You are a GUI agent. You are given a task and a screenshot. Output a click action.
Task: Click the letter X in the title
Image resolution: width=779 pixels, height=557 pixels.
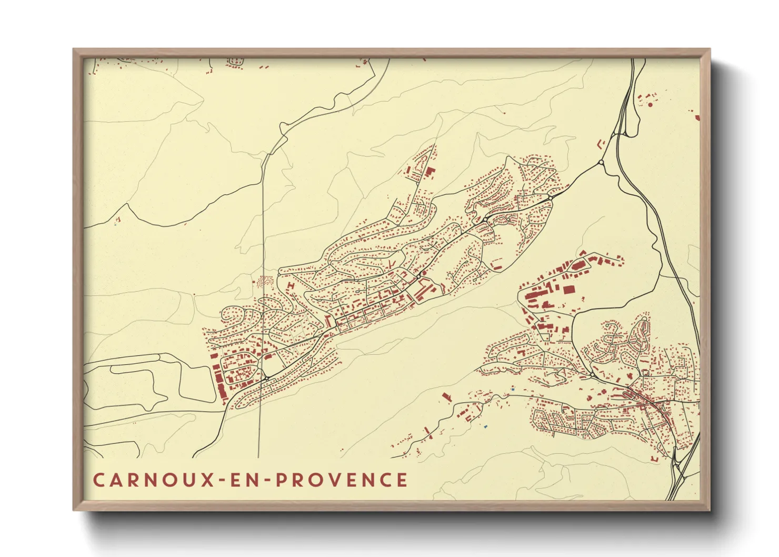coord(208,480)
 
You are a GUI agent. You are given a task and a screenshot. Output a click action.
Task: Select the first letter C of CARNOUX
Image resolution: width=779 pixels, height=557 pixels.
coord(98,480)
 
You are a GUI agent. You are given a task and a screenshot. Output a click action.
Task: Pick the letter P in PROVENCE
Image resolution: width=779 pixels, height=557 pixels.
coord(281,480)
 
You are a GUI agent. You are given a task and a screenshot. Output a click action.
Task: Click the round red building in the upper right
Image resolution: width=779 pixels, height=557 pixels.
coord(650,105)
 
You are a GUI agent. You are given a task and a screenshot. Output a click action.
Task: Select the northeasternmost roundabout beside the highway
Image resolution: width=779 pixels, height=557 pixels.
coord(601,163)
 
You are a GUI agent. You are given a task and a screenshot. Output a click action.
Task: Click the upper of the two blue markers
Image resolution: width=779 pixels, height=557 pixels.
coord(513,389)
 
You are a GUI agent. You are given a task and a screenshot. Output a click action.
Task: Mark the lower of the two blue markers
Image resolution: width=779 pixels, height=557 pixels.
coord(485,426)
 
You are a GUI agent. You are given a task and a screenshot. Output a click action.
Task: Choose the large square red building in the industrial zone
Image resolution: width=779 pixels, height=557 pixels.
coord(568,289)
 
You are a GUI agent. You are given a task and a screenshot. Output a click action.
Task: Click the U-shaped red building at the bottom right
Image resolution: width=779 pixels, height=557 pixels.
coord(655,460)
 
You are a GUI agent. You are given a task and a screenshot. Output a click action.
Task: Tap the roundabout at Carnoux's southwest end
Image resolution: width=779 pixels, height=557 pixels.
coord(267,378)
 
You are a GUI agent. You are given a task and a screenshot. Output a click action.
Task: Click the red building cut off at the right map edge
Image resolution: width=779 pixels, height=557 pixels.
coord(697,117)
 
